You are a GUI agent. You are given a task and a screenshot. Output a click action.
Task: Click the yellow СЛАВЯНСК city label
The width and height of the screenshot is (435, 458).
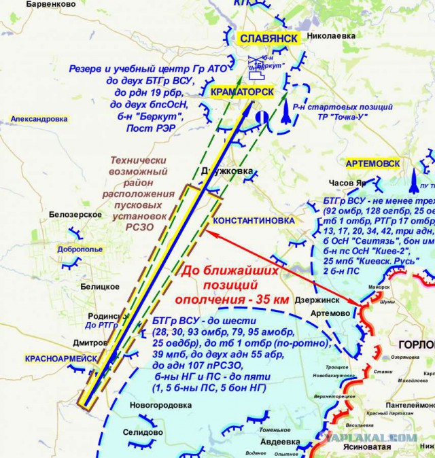point(268,39)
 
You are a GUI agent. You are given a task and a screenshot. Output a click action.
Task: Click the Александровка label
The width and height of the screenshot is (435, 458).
point(39,119)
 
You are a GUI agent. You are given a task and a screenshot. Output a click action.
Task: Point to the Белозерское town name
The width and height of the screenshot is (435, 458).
point(75,215)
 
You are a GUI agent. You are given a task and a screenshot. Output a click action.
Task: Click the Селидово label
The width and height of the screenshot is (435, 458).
point(143,432)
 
